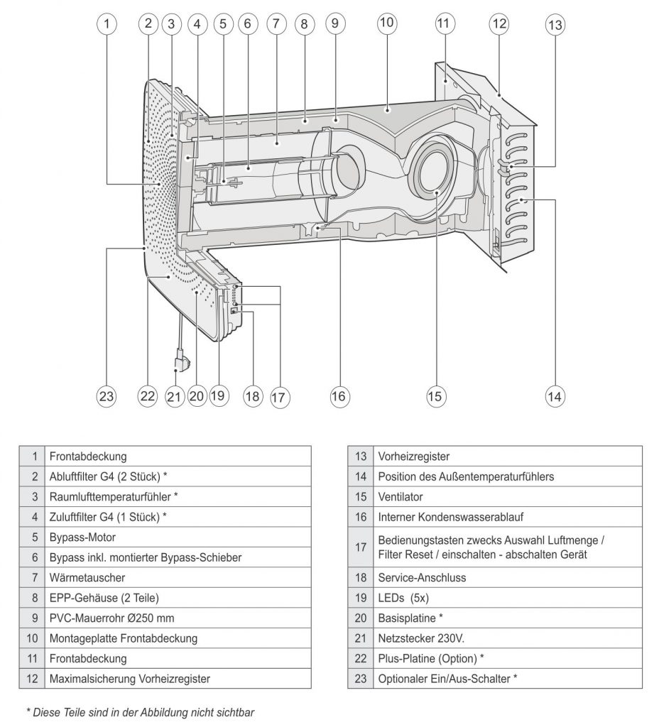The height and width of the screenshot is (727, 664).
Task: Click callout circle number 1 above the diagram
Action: [x=107, y=23]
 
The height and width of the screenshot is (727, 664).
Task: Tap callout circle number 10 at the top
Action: [x=386, y=22]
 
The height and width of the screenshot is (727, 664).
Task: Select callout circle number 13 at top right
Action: [x=555, y=25]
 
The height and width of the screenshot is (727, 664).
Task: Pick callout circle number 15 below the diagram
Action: [x=435, y=396]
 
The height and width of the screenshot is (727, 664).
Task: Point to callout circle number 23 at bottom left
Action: [x=107, y=396]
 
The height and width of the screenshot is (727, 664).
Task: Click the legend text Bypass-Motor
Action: [x=82, y=537]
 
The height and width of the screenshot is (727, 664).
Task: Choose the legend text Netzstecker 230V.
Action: [x=419, y=638]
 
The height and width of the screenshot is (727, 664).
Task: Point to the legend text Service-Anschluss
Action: [x=422, y=578]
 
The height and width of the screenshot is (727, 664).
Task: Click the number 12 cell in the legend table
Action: [x=32, y=678]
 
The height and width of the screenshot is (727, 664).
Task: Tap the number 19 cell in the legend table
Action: [x=360, y=598]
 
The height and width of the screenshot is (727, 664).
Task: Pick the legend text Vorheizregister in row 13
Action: [x=413, y=457]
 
